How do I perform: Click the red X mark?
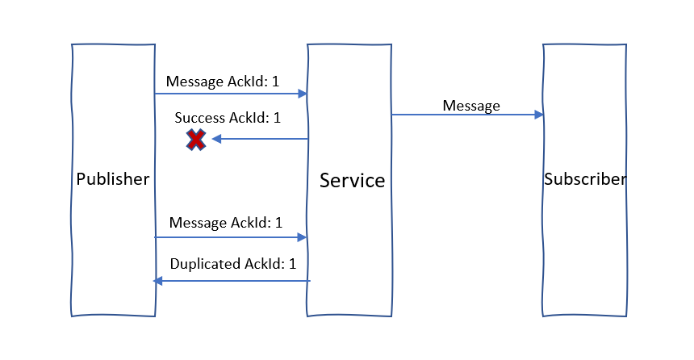pos(196,140)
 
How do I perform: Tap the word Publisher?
pos(112,179)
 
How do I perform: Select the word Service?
pos(352,180)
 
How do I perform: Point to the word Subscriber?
pos(584,179)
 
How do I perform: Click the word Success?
pos(200,118)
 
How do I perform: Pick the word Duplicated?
pos(205,264)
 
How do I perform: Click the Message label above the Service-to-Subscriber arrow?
pos(471,106)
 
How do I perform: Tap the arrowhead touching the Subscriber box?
pos(538,115)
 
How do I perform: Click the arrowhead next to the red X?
pos(217,140)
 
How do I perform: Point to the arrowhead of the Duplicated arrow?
pos(159,281)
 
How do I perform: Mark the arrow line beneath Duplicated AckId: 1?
pos(234,281)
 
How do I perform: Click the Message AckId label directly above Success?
pos(224,82)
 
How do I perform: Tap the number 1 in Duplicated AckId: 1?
pos(292,264)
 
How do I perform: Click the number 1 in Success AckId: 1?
pos(277,118)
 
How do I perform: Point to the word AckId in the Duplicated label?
pos(265,264)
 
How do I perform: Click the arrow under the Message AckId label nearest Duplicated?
pos(230,237)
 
